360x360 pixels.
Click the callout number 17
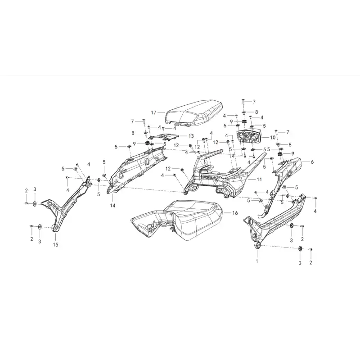pyautogui.click(x=153, y=112)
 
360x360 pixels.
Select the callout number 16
pyautogui.click(x=235, y=213)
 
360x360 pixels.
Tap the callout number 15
pyautogui.click(x=55, y=245)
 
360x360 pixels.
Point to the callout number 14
pyautogui.click(x=112, y=206)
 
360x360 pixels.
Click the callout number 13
pyautogui.click(x=191, y=136)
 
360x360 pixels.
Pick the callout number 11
pyautogui.click(x=259, y=179)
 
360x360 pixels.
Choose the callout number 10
pyautogui.click(x=273, y=138)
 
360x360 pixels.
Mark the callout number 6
pyautogui.click(x=312, y=162)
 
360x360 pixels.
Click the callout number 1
pyautogui.click(x=257, y=261)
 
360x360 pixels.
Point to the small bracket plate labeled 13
pyautogui.click(x=163, y=137)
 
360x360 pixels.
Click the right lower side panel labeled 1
pyautogui.click(x=273, y=220)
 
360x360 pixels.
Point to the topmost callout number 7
pyautogui.click(x=254, y=102)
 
